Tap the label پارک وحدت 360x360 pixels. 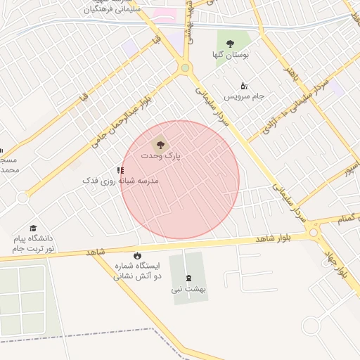160,155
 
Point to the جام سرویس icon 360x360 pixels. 244,85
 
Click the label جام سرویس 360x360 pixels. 244,96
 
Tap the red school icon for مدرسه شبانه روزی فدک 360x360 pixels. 120,170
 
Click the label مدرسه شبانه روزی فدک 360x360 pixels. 120,181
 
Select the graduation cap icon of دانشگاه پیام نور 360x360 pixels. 33,228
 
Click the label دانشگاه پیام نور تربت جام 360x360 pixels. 33,244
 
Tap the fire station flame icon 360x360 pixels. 137,255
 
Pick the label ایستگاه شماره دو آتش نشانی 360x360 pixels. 138,271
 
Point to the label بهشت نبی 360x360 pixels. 188,289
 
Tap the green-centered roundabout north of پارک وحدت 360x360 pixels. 185,68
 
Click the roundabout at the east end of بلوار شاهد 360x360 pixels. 314,231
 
